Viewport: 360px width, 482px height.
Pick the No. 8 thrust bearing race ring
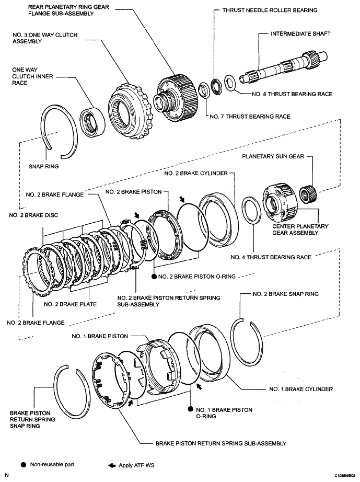coord(229,82)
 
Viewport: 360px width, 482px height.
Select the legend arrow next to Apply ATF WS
coord(111,464)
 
